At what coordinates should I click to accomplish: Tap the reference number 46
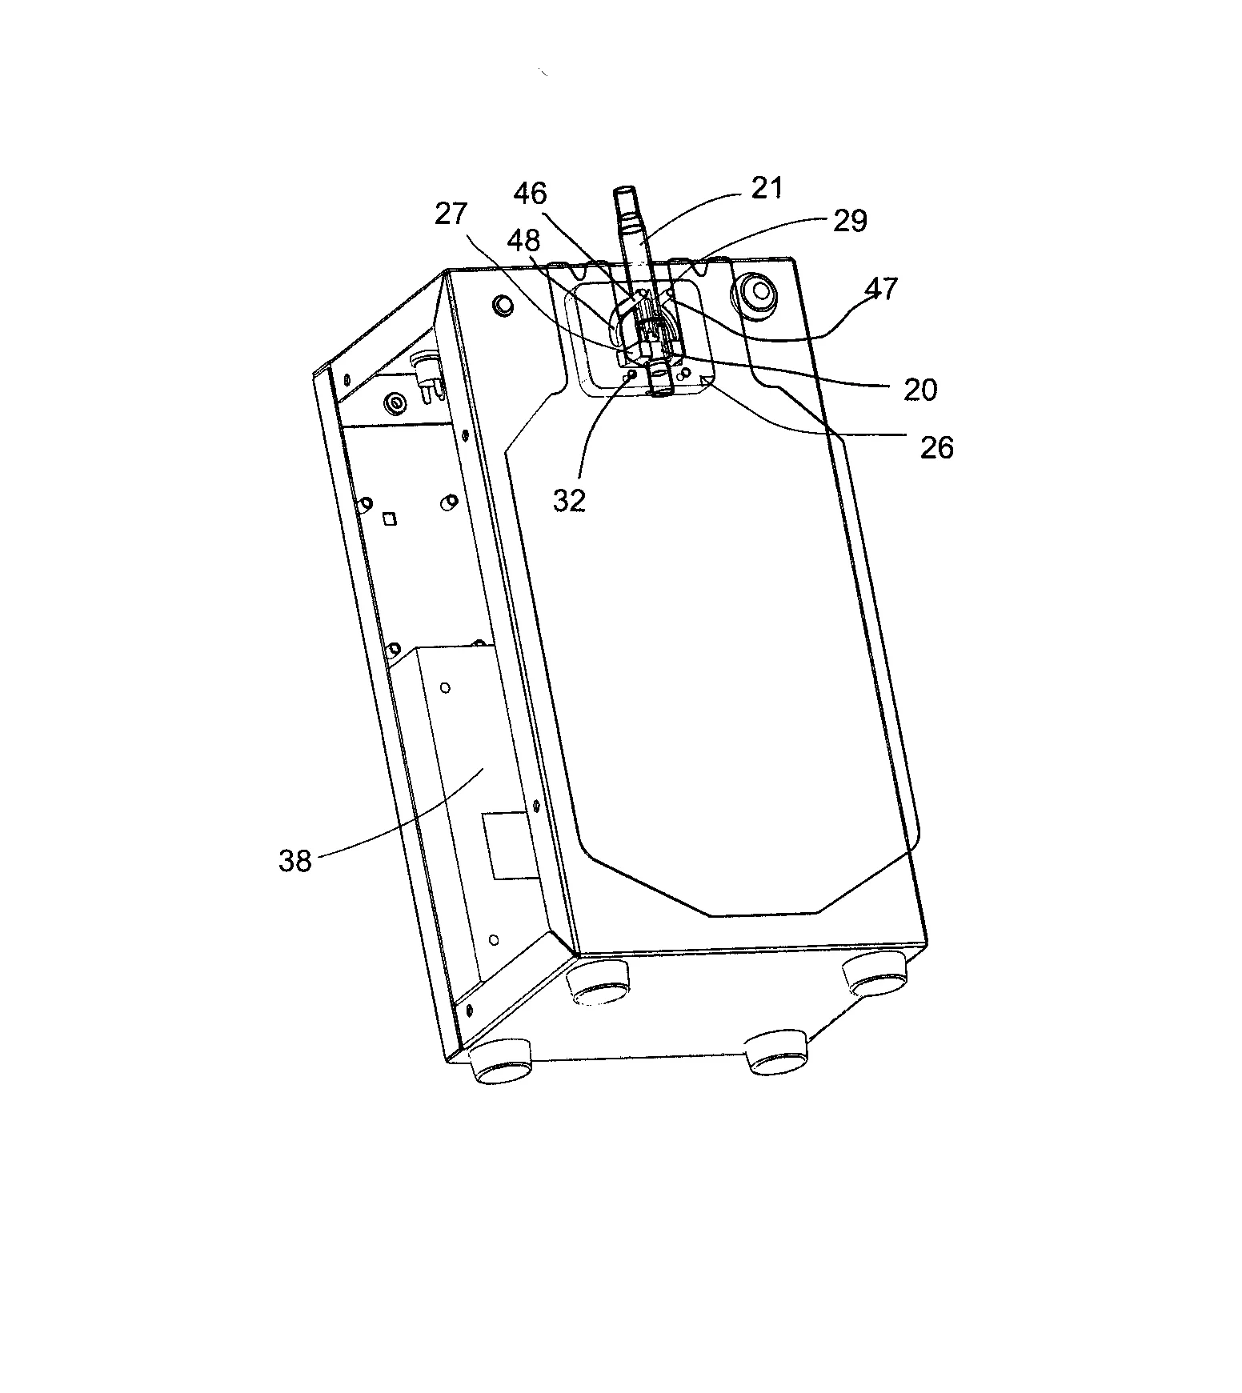tap(530, 194)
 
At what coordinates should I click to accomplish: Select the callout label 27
tap(453, 215)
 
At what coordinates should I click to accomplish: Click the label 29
tap(850, 221)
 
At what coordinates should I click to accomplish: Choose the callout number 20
tap(919, 390)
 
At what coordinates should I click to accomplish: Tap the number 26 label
tap(936, 448)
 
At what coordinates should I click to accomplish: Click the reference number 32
tap(569, 501)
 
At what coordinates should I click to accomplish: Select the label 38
tap(294, 861)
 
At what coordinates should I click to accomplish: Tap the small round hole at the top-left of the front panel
tap(503, 306)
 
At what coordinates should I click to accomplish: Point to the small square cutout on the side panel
tap(390, 519)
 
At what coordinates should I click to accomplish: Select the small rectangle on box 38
tap(506, 846)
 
